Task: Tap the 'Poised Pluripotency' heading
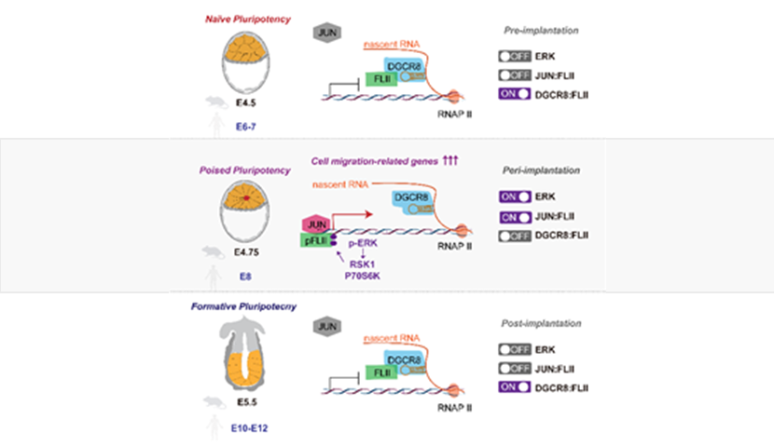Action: [244, 170]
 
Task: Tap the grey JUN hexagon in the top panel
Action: [325, 33]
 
